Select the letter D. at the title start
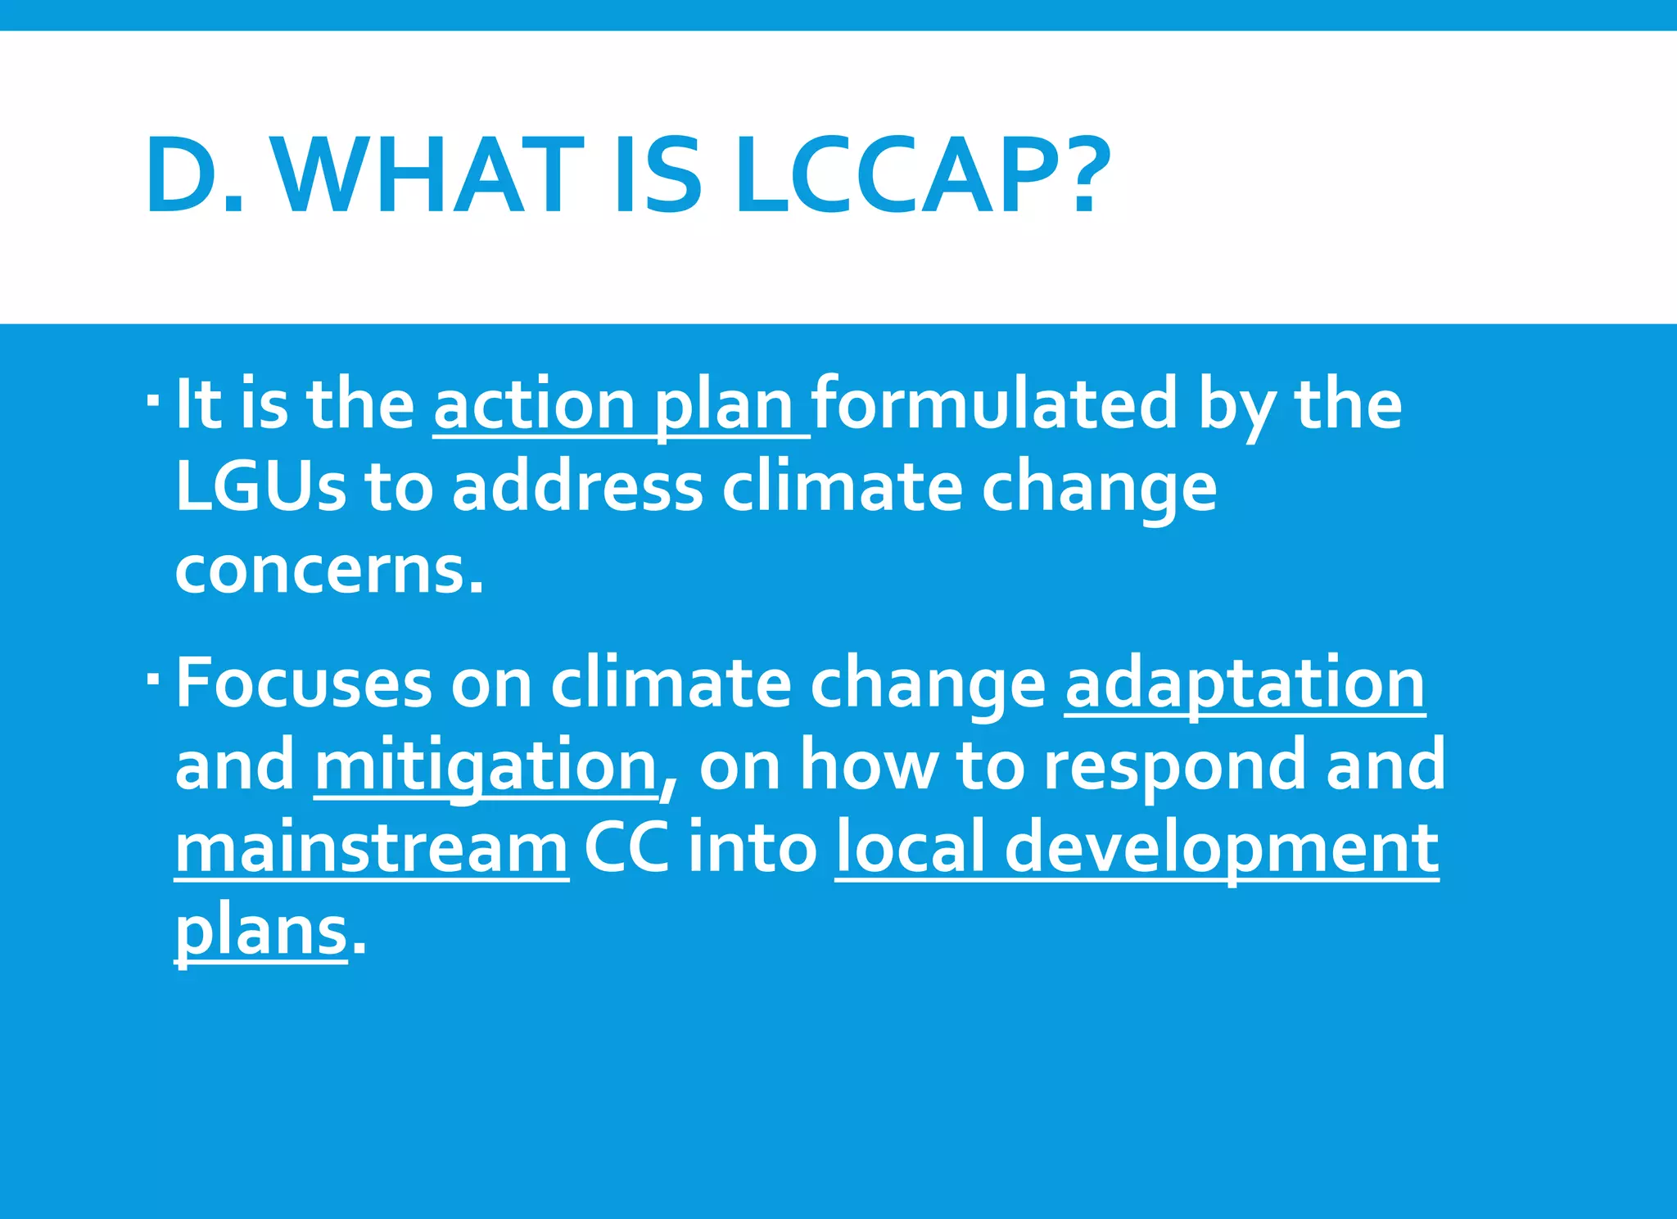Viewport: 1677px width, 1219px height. point(195,177)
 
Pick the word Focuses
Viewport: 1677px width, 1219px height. point(304,683)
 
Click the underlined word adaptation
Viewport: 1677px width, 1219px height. point(1245,684)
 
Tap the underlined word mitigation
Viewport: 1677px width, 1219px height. point(486,766)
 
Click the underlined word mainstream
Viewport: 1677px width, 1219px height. point(372,849)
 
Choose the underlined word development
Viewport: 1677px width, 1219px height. point(1222,849)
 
